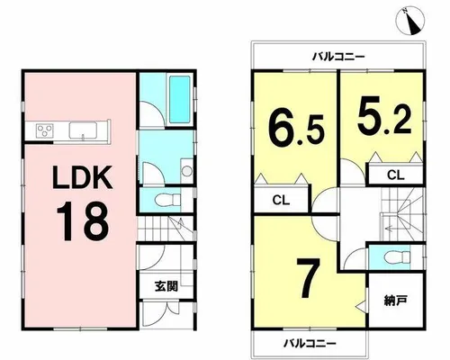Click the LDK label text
pos(83,177)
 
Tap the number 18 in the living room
pos(82,221)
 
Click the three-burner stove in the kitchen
pos(45,130)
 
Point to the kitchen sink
pos(83,130)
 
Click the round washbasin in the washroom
pos(187,171)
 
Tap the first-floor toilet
pos(169,200)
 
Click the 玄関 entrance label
pos(166,286)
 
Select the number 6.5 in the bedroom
pos(297,129)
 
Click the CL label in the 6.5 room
pos(281,200)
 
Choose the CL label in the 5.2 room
pos(396,175)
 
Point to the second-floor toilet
pos(398,256)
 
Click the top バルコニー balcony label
pos(338,56)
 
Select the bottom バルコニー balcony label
pos(310,343)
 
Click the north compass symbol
pos(410,21)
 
